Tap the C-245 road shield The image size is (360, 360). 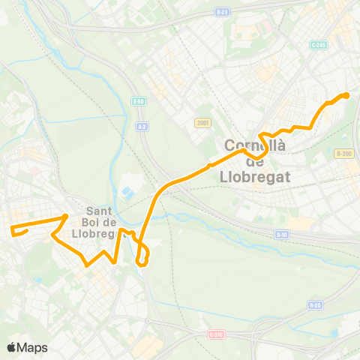click(317, 45)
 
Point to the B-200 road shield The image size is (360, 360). click(343, 153)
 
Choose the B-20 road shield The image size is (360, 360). click(315, 305)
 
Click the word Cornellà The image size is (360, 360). click(256, 146)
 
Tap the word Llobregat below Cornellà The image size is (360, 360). click(256, 176)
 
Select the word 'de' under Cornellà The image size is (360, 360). click(256, 161)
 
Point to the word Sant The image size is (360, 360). click(100, 211)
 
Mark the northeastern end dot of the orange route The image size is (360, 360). click(346, 95)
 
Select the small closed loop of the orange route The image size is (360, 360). click(142, 256)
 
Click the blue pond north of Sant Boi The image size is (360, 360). click(127, 183)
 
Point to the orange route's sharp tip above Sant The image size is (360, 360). click(66, 217)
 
